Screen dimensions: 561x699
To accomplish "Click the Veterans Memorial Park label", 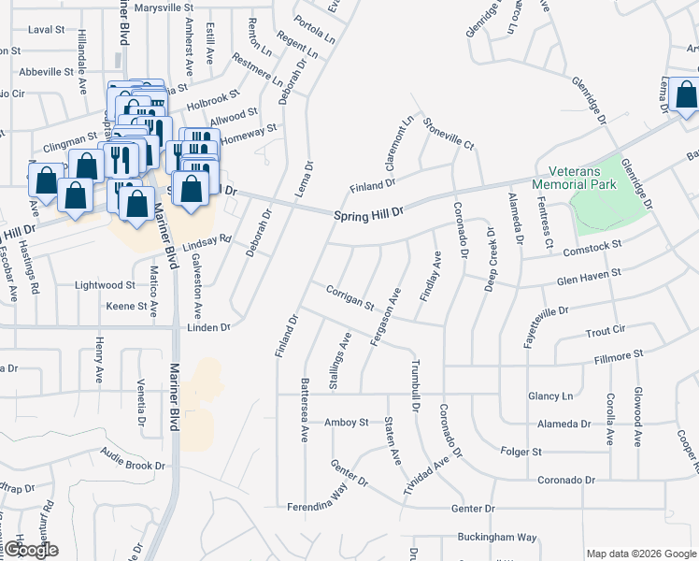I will coord(575,177).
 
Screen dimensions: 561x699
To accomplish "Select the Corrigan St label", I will coord(349,298).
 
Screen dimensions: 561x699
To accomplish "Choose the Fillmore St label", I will coord(618,354).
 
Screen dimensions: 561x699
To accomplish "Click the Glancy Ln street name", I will coord(549,396).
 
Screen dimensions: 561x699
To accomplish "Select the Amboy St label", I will coord(346,423).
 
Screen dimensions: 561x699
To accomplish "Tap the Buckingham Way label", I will coord(496,538).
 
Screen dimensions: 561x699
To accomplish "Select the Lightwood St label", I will coord(106,284).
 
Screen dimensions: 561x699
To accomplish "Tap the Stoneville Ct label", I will coord(449,134).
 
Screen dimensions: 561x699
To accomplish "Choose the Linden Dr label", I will coord(208,327).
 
